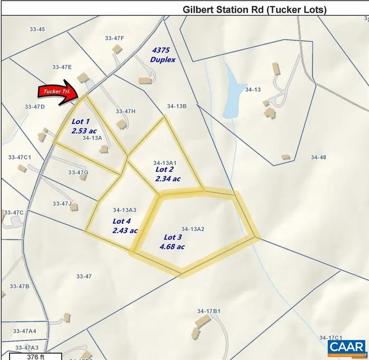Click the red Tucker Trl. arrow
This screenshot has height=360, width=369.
tap(58, 92)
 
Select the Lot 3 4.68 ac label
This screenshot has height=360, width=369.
tap(172, 242)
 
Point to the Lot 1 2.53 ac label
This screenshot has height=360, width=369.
tap(84, 126)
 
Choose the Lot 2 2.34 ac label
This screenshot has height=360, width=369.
tap(168, 174)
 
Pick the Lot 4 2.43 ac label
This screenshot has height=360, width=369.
tap(125, 226)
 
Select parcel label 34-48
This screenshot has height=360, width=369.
tap(318, 157)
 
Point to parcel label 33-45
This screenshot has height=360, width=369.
tap(37, 29)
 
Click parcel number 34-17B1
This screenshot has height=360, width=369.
tap(209, 311)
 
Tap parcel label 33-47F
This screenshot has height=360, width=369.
tap(114, 38)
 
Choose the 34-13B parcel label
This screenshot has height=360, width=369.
tap(177, 106)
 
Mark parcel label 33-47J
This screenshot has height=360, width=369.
tap(62, 203)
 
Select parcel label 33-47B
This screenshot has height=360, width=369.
tap(19, 286)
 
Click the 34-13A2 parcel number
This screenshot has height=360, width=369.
tap(193, 229)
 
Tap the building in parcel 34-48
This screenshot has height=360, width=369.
tap(286, 157)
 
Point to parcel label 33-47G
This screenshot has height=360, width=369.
tap(78, 172)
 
